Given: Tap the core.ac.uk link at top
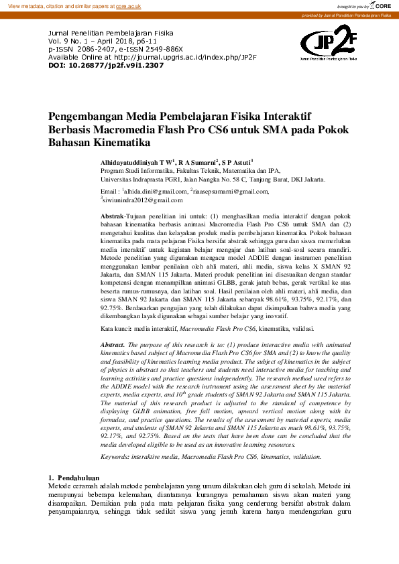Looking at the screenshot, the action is tap(128, 6).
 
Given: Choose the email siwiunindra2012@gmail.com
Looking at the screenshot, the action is tap(142, 200).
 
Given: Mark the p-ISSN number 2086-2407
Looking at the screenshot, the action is tap(78, 48).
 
